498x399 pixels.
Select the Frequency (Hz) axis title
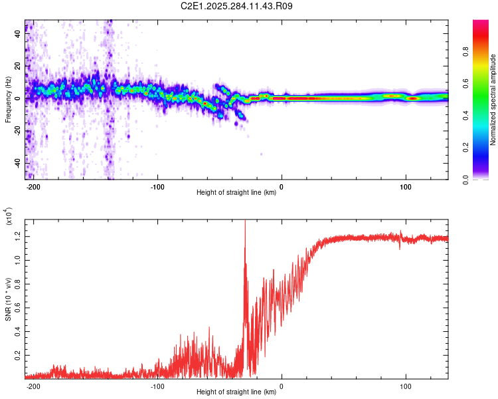pos(7,100)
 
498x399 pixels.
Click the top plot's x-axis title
pos(236,193)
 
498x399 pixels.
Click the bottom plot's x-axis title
pos(236,392)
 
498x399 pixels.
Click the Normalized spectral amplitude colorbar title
pos(494,100)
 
